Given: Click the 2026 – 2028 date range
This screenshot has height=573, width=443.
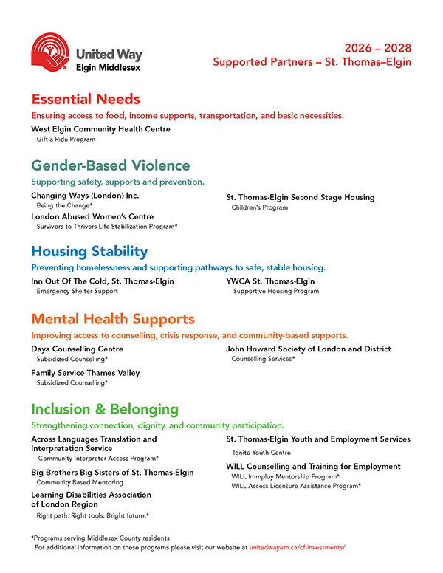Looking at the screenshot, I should coord(377,48).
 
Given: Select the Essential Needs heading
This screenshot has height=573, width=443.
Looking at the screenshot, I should coord(86,99).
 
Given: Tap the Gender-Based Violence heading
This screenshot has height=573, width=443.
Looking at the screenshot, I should coord(110,165).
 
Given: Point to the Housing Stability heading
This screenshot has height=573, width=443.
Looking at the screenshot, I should coord(89,251).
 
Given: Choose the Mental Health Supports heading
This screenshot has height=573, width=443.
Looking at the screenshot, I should coord(113,319).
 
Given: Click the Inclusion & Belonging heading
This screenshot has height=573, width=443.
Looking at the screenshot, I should coord(105,409).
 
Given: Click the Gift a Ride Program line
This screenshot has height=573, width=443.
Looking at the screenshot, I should coord(66,139).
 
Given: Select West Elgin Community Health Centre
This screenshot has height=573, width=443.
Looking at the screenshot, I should coord(100,129).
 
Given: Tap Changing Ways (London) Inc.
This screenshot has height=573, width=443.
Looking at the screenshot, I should coord(85,196).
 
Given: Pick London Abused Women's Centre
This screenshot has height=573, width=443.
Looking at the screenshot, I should coord(92,216).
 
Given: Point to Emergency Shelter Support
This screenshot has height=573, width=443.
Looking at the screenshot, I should coord(77,291).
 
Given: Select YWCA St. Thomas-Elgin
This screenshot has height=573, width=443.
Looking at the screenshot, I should coord(270,281).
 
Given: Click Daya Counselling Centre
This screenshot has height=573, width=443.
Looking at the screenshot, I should coord(77,349).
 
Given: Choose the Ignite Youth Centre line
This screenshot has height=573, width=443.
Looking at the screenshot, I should coord(262,453).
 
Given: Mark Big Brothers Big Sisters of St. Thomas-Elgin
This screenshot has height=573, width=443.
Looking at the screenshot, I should coord(112,472).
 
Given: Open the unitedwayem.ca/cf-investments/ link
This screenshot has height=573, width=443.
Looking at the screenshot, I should coord(297,548).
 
